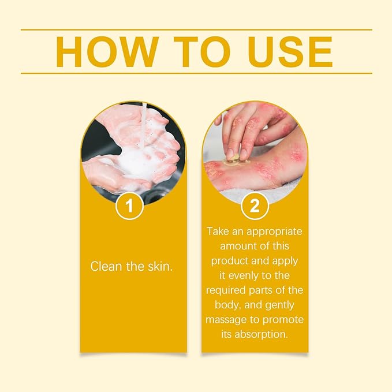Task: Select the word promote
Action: point(284,320)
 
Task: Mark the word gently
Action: point(282,305)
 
